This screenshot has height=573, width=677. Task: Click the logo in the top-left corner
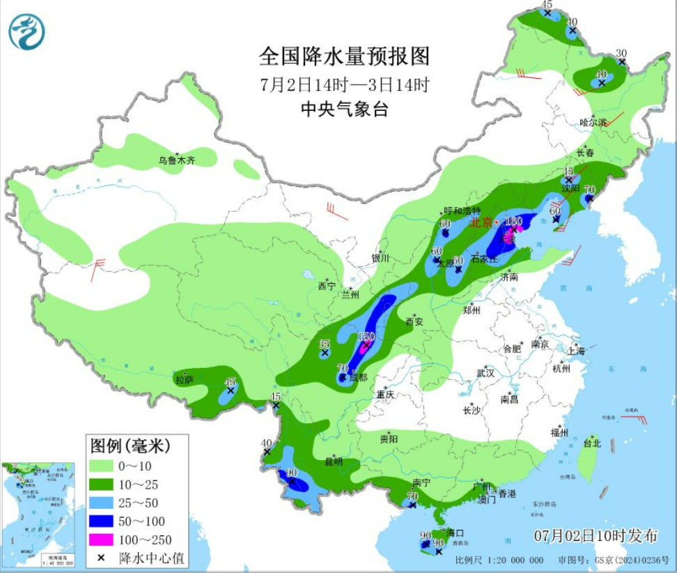pos(26,32)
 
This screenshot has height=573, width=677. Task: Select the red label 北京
pos(481,223)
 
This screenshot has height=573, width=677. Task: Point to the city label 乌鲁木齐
pos(177,161)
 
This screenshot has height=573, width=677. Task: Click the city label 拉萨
pos(185,381)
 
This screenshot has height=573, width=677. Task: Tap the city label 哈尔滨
pos(593,122)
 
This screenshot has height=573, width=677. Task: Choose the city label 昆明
pos(334,461)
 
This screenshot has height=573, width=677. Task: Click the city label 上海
pos(577,350)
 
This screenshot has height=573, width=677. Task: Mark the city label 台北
pos(591,443)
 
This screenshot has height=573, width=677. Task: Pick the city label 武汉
pos(485,373)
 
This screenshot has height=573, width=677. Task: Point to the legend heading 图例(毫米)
pos(129,444)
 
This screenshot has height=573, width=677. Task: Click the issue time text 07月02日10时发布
pos(596,535)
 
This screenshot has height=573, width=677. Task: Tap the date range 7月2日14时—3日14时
pos(344,85)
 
